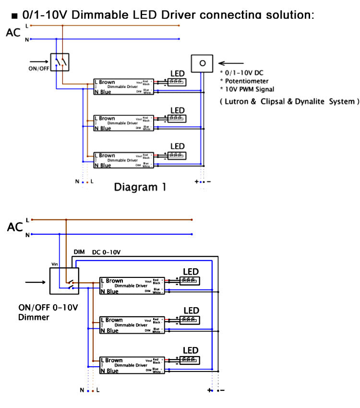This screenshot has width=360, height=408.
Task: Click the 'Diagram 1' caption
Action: [x=140, y=187]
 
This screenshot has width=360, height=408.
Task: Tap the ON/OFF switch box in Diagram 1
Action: [x=60, y=62]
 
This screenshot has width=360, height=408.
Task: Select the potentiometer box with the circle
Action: [x=202, y=62]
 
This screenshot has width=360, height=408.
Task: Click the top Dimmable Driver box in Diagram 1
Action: [x=123, y=87]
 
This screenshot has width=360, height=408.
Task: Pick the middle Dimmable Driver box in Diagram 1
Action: [x=123, y=123]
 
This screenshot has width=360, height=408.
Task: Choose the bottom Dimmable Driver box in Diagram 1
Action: [x=123, y=160]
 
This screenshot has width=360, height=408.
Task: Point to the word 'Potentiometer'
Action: [x=246, y=81]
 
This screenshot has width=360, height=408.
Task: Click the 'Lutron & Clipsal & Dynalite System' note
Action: [x=289, y=102]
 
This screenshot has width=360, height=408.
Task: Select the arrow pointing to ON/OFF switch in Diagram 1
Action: [x=39, y=61]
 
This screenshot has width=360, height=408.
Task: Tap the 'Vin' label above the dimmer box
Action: [x=55, y=264]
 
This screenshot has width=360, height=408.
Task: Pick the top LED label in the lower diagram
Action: [x=191, y=272]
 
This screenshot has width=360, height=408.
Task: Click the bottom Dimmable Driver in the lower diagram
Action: [x=132, y=365]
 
